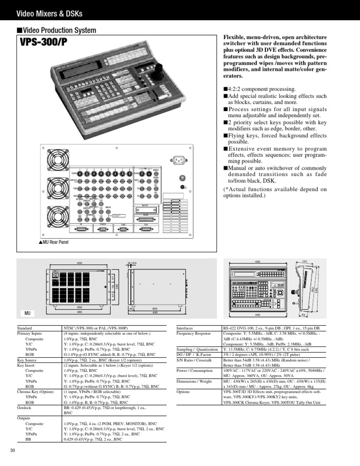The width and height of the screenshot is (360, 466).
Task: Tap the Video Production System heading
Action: point(60,31)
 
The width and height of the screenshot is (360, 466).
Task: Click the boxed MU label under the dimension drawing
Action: point(27,312)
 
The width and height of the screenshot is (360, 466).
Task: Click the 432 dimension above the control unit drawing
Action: point(257,261)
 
